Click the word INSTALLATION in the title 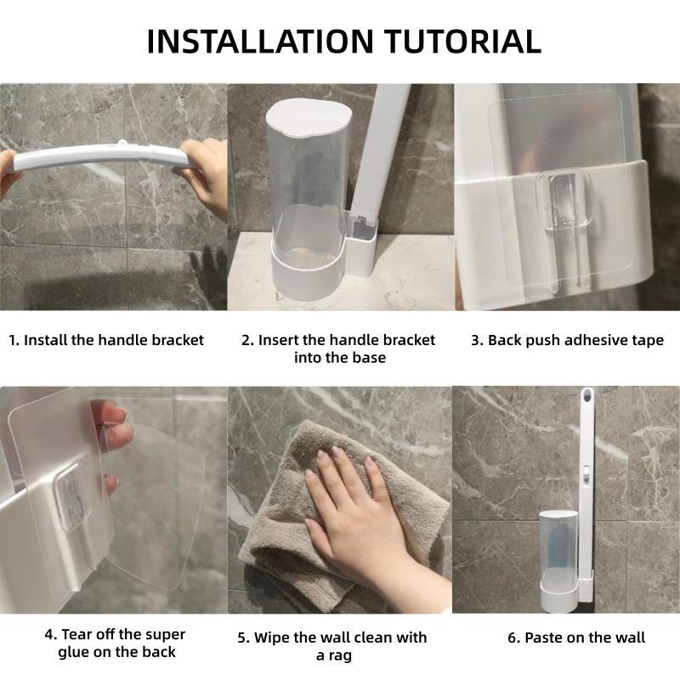pos(260,42)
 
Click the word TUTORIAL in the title pos(463,42)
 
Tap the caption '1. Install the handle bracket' pos(106,340)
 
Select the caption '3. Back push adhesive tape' pos(567,341)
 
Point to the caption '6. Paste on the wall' pos(576,637)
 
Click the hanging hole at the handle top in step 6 pos(586,394)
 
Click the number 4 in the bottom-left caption pos(49,634)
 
